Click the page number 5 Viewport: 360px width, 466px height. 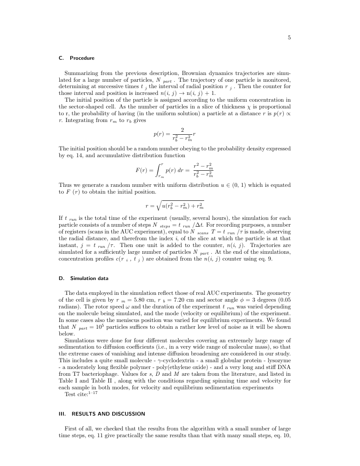[289, 38]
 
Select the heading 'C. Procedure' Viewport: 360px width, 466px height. [76, 58]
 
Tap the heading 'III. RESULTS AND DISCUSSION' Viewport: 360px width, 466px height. [102, 413]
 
